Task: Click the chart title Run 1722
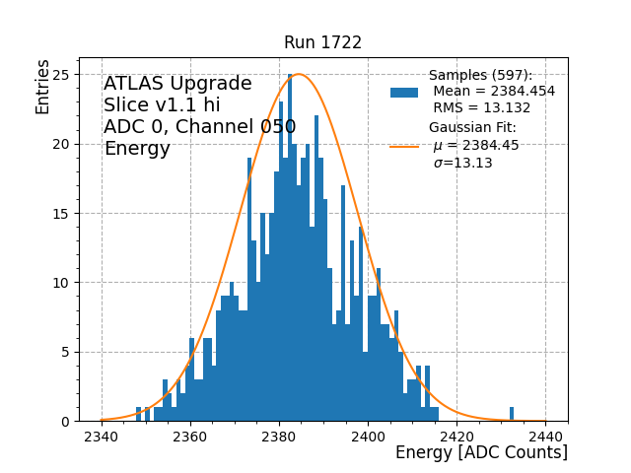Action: click(x=322, y=42)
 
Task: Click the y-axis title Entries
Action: click(x=43, y=87)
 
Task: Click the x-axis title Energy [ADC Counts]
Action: click(x=481, y=452)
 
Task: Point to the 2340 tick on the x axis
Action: click(x=102, y=437)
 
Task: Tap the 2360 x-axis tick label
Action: click(x=190, y=437)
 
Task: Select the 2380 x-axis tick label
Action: click(x=279, y=437)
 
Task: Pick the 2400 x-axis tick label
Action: click(x=368, y=437)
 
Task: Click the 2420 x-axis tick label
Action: click(x=456, y=437)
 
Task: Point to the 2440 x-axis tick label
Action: click(x=545, y=437)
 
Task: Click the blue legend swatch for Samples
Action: click(x=404, y=92)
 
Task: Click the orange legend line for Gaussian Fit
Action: click(x=404, y=146)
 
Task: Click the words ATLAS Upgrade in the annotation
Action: click(x=177, y=84)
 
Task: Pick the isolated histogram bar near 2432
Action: click(x=512, y=414)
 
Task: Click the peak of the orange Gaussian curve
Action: click(x=299, y=74)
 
